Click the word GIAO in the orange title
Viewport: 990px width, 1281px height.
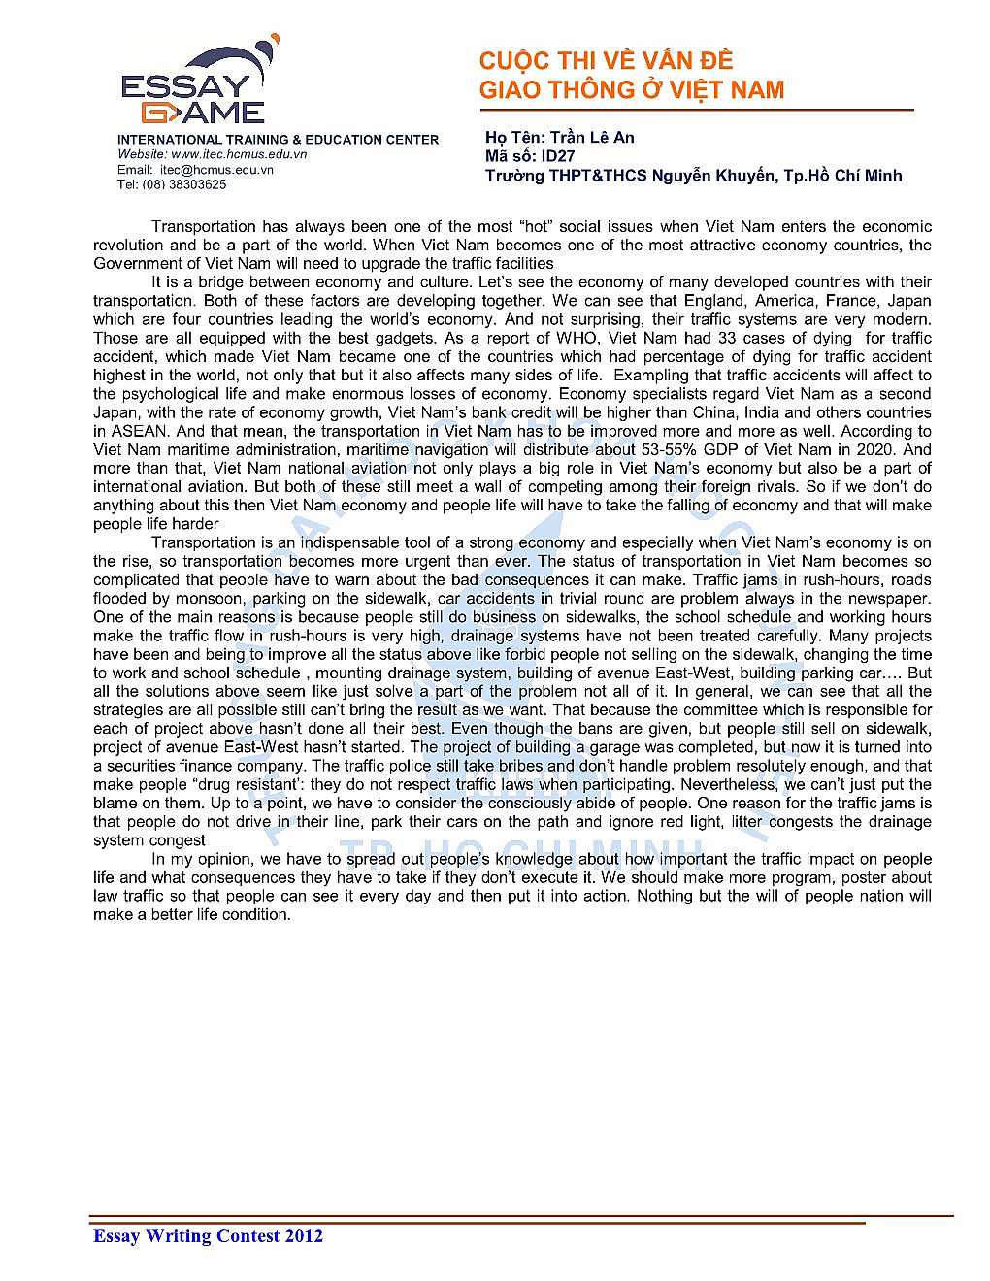510,90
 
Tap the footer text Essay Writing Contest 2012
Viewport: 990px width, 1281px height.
208,1235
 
